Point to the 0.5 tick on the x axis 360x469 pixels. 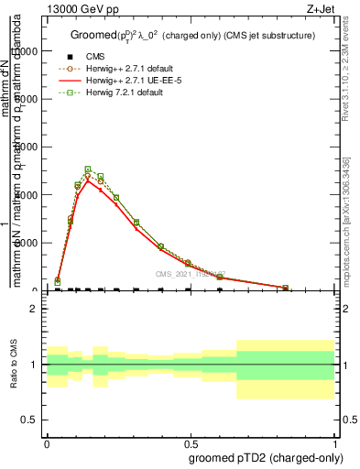tap(191, 442)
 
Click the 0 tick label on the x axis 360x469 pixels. tap(47, 442)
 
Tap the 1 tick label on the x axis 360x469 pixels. tap(334, 442)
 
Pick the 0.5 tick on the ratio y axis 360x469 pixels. tap(29, 420)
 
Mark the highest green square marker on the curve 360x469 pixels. tap(88, 169)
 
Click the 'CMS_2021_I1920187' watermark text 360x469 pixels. tap(191, 274)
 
